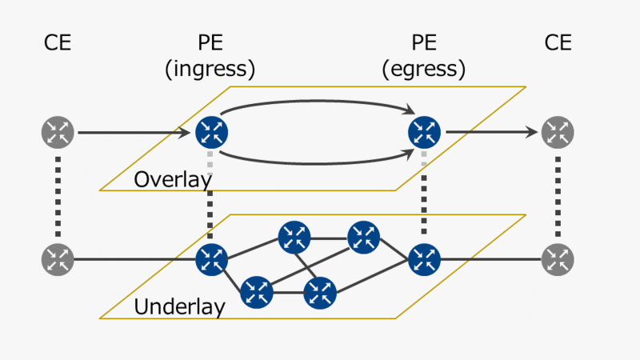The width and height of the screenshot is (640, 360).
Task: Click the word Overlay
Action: [x=172, y=179]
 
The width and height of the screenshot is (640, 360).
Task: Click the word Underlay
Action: [x=179, y=306]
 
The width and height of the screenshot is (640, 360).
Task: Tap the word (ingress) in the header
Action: [x=210, y=70]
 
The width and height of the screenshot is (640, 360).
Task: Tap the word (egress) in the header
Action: [x=424, y=70]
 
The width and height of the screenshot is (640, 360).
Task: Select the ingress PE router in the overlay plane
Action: [x=213, y=132]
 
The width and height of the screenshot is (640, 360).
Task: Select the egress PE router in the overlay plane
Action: [x=425, y=132]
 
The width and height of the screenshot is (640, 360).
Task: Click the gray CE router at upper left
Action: [x=58, y=132]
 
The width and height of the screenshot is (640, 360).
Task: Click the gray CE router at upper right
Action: [x=558, y=132]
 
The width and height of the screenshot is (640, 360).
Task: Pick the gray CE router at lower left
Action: [x=58, y=259]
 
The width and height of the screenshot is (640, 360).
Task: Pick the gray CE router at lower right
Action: [x=558, y=259]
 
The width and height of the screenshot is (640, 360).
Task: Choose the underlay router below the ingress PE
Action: [x=212, y=259]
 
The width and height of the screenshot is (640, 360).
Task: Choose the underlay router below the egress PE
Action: [x=425, y=259]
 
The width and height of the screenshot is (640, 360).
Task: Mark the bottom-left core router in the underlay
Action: [x=256, y=292]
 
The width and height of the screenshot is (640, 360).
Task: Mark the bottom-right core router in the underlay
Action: [x=320, y=292]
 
